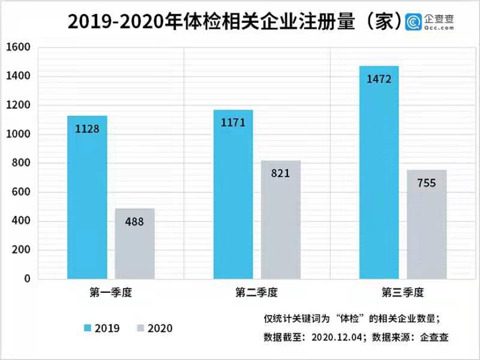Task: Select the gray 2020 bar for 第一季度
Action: coord(134,244)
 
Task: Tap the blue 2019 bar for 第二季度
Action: coord(233,194)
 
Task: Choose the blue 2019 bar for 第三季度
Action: coord(379,172)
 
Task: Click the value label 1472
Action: coord(379,79)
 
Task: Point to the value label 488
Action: coord(134,222)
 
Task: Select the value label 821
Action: coord(281,174)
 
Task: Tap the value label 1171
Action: coord(233,123)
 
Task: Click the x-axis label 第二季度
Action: coord(256,292)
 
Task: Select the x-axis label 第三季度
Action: coord(402,292)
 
